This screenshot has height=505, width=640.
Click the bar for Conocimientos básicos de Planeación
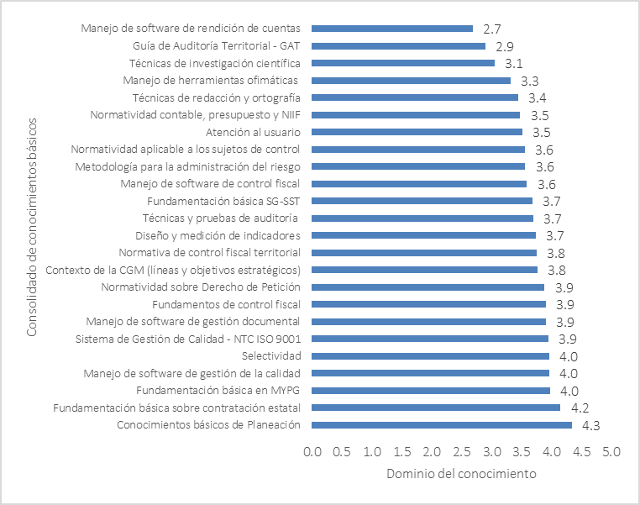click(442, 425)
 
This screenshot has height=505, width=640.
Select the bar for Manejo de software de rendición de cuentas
click(393, 29)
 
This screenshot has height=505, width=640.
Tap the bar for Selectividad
click(431, 356)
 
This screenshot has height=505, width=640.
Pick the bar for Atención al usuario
click(417, 132)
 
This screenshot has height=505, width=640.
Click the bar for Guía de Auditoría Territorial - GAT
click(399, 46)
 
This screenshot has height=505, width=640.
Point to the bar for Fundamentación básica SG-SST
click(422, 201)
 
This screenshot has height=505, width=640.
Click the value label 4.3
click(590, 426)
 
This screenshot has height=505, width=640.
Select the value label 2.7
click(492, 29)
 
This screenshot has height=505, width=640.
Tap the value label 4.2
click(579, 408)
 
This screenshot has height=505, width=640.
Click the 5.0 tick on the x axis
click(611, 451)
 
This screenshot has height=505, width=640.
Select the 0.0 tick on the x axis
click(312, 451)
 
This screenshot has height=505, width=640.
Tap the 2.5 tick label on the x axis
click(461, 451)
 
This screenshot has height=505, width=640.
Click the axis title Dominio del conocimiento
click(461, 474)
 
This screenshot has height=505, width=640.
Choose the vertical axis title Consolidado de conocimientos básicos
click(31, 227)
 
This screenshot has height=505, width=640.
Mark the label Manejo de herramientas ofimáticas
click(212, 81)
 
